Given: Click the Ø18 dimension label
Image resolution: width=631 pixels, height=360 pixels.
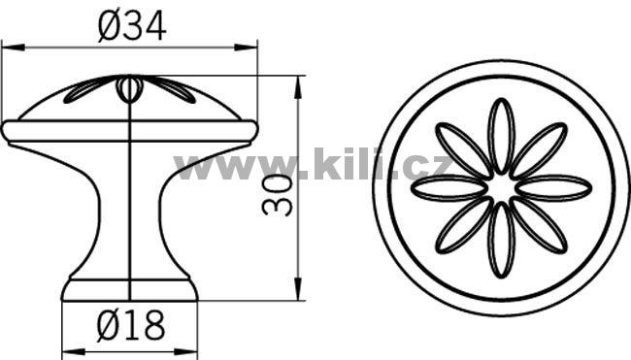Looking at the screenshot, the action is pos(131,325).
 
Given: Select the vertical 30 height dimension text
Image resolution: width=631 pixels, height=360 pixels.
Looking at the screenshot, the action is pos(277,195).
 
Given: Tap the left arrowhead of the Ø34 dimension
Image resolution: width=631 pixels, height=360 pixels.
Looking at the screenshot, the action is pos(14,48).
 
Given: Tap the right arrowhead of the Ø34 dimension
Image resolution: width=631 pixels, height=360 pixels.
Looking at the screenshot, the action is pos(246,48).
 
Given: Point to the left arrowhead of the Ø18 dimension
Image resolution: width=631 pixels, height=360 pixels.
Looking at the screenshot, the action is pos(73,351).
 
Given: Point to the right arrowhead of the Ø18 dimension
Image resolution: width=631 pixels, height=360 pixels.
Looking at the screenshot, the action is pos(186,351).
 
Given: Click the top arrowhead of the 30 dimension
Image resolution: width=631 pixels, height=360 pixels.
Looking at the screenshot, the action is pos(298,87).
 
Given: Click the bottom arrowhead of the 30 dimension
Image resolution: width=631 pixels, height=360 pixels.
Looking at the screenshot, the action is pos(298,288).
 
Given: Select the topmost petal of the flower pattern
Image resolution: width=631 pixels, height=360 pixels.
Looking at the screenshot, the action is pos(502,136).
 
